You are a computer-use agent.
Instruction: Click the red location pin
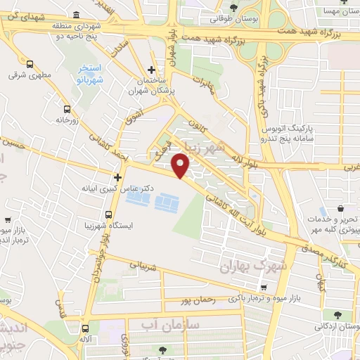tap(181, 166)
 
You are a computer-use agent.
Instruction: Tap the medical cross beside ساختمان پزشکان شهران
tap(152, 70)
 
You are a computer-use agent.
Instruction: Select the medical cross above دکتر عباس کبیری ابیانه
tap(118, 177)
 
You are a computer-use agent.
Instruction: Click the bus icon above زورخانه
tap(67, 109)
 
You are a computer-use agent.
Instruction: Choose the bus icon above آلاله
tap(85, 328)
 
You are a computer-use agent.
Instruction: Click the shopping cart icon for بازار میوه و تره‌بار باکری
tap(263, 288)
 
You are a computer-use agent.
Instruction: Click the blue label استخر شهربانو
tap(90, 73)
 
